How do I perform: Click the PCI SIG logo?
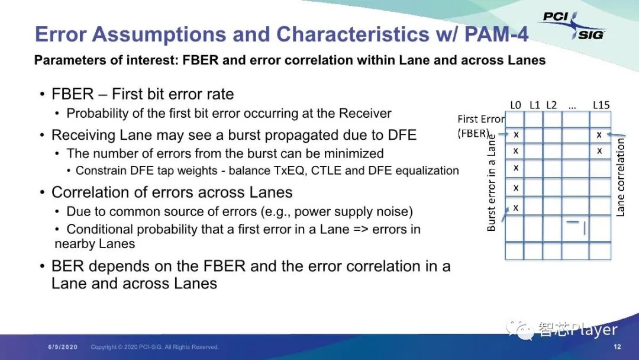pos(573,25)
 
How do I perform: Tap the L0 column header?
pos(515,105)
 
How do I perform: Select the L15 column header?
pos(601,105)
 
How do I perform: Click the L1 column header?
pos(535,105)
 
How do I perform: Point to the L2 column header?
pos(551,105)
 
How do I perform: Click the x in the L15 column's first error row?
pos(599,135)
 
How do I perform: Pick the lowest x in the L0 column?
pos(516,208)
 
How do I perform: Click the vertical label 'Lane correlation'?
pos(620,177)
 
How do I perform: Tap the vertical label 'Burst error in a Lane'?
pos(492,183)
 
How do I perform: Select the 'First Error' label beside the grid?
pos(481,119)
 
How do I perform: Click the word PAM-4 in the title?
pos(496,34)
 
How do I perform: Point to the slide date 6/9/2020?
pos(63,347)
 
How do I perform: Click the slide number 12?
pos(617,346)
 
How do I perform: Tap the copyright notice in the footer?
pos(154,347)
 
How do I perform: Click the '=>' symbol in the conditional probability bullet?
pos(360,230)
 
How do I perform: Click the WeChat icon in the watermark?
pos(520,329)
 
